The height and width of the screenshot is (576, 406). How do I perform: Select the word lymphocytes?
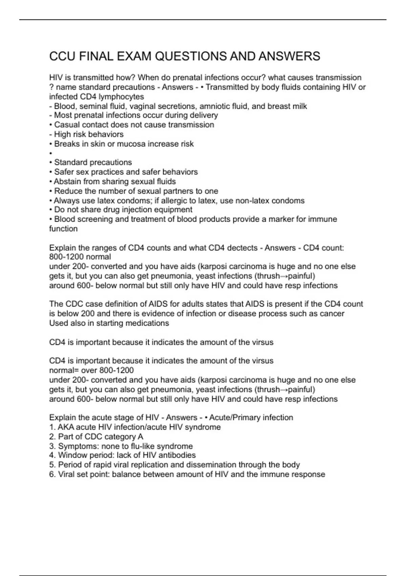click(x=121, y=97)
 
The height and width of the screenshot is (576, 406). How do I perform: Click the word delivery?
click(x=203, y=115)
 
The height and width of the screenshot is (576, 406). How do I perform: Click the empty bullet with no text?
click(x=51, y=153)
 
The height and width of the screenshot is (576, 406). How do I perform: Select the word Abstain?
click(x=67, y=181)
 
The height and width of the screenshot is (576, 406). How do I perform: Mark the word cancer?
click(x=331, y=313)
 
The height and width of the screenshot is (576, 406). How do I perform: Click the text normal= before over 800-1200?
click(x=64, y=370)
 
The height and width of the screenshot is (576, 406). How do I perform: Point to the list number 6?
click(x=52, y=474)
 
